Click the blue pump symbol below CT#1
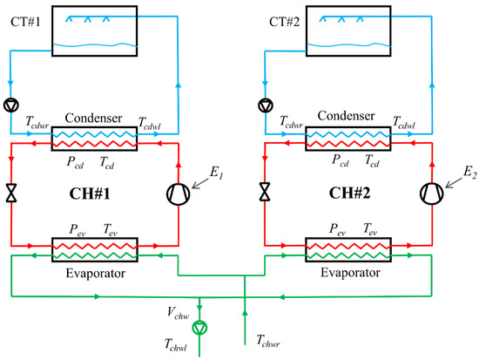click(x=11, y=107)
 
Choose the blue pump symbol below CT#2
click(x=263, y=107)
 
